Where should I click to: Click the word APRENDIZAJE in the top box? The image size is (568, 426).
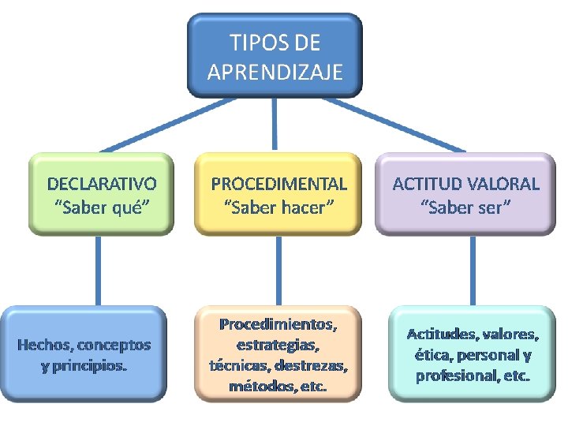pos(275,73)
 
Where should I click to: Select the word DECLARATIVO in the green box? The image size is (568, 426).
pos(102,184)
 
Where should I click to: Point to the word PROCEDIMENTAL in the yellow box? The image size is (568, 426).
pos(278,184)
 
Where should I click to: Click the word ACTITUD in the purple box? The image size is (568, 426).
pos(427,184)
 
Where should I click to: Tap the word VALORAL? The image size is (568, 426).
pos(503,184)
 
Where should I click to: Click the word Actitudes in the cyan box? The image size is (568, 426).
pos(437,334)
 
